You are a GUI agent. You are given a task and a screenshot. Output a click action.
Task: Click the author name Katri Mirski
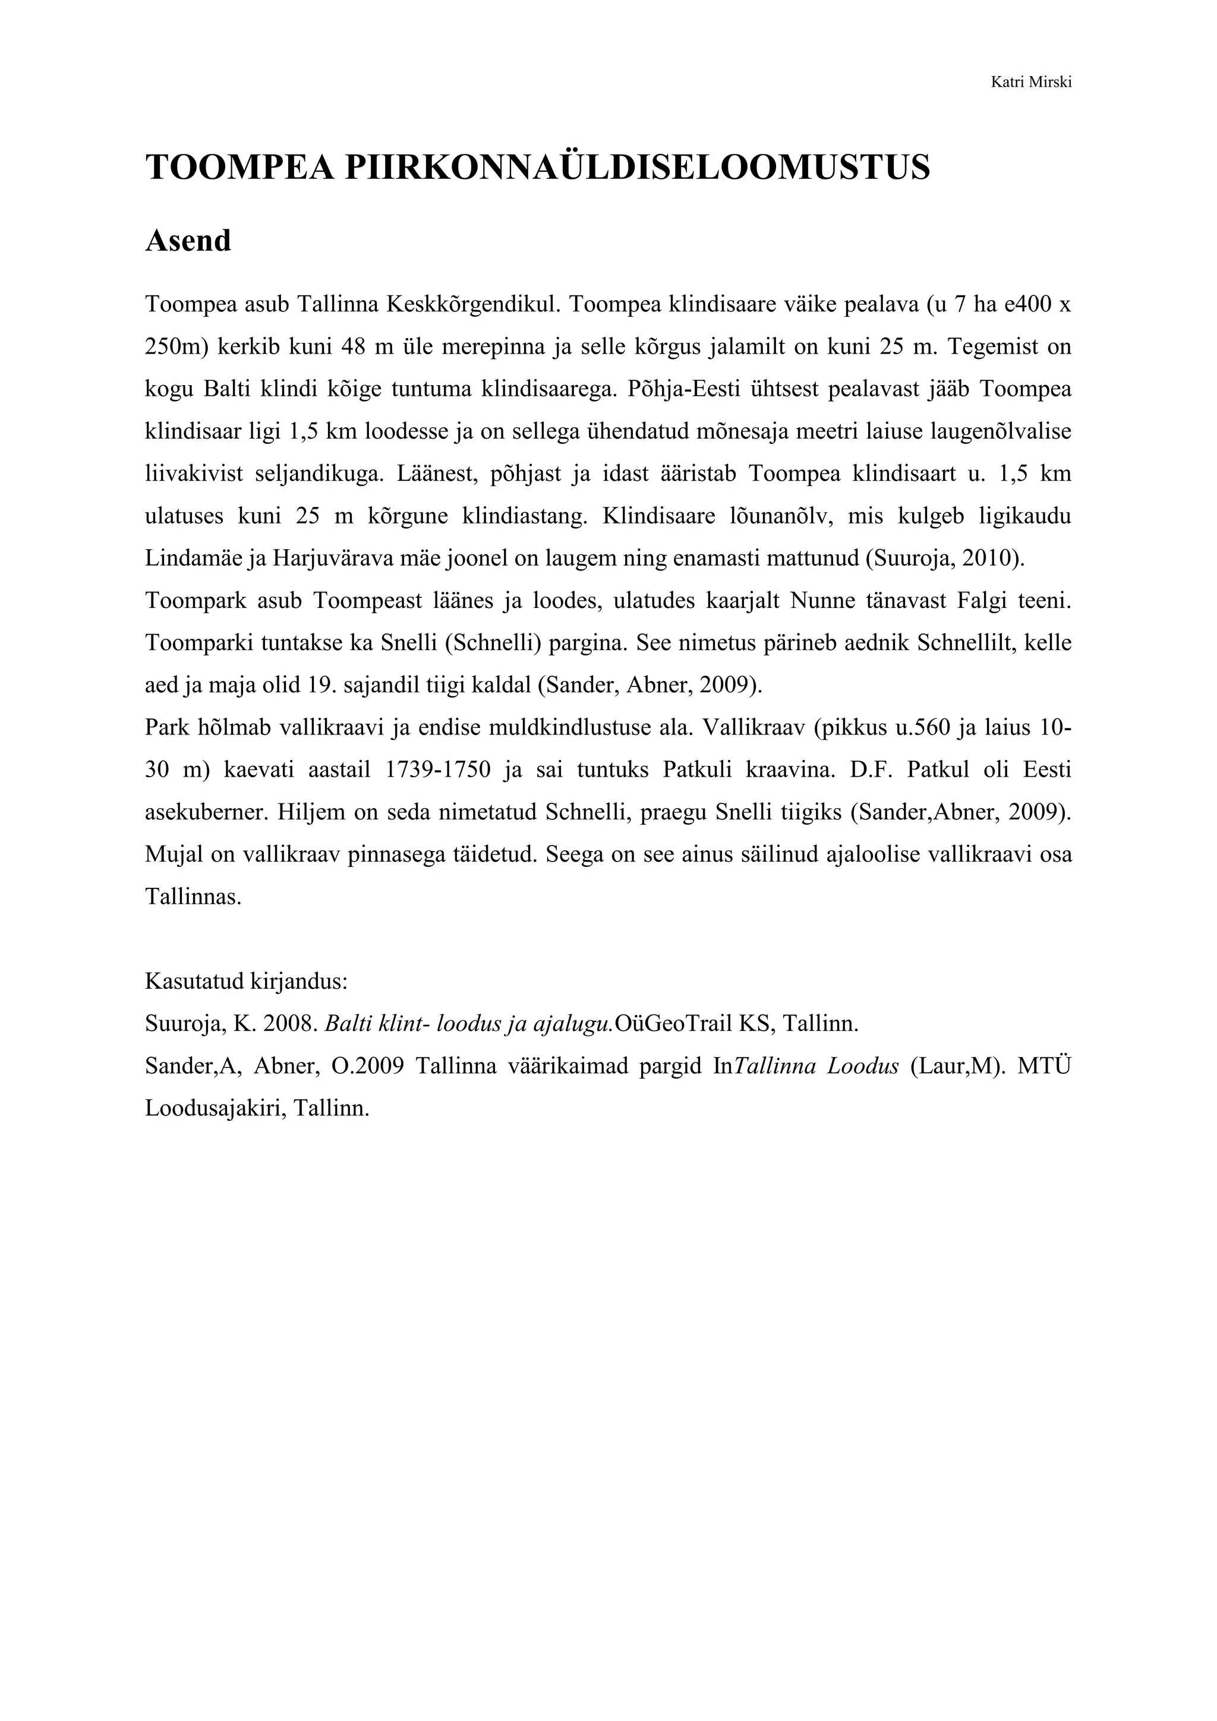click(1030, 83)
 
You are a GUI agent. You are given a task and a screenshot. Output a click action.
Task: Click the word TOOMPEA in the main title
click(239, 167)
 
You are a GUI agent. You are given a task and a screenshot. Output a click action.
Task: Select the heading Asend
click(188, 241)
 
